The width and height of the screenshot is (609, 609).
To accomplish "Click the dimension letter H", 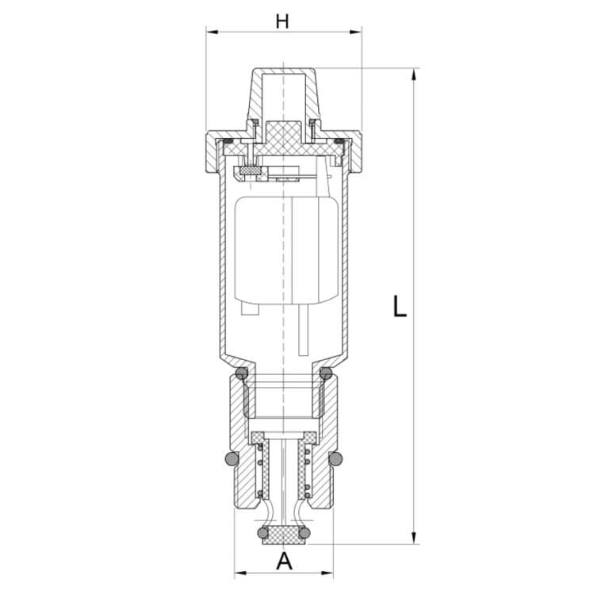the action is [282, 21].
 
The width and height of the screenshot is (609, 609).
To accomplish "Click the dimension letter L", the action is [400, 306].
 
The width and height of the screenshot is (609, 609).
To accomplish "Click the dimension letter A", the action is [284, 561].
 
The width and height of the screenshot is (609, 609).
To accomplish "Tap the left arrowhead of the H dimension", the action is [212, 32].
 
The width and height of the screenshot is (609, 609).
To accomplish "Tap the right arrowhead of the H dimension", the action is [356, 32].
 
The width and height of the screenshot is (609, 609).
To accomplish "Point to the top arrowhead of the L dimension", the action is [414, 75].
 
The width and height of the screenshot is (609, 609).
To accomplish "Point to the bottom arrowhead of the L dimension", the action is [414, 538].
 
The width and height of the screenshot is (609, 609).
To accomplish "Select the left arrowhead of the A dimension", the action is [240, 573].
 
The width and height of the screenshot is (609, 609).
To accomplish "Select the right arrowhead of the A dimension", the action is [327, 573].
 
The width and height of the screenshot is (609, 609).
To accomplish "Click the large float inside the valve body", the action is [286, 249].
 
